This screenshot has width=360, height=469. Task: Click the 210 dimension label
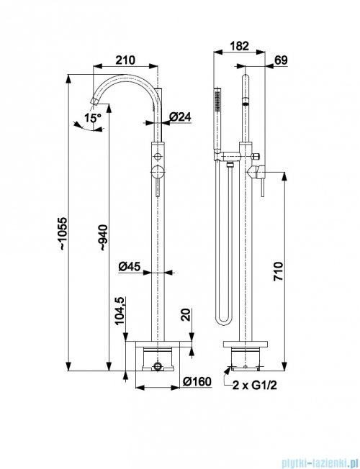pyautogui.click(x=125, y=60)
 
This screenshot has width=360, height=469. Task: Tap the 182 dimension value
pyautogui.click(x=239, y=46)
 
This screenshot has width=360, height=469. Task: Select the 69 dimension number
pyautogui.click(x=281, y=60)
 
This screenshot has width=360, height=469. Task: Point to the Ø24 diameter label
pyautogui.click(x=180, y=117)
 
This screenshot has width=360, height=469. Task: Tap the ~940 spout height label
pyautogui.click(x=103, y=237)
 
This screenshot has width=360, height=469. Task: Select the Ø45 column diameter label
pyautogui.click(x=129, y=266)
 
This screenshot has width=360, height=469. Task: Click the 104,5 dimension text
pyautogui.click(x=120, y=311)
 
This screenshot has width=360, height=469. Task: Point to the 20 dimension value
pyautogui.click(x=186, y=314)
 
